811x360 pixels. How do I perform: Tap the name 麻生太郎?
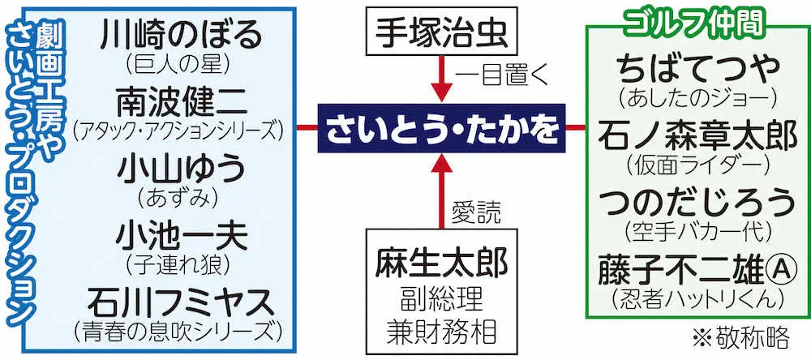click(442, 262)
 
